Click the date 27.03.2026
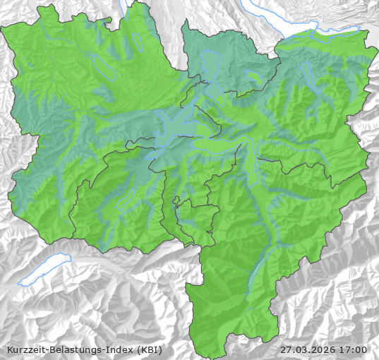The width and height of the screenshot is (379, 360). pos(308,349)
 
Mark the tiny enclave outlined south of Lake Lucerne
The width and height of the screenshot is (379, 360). pos(174,202)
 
